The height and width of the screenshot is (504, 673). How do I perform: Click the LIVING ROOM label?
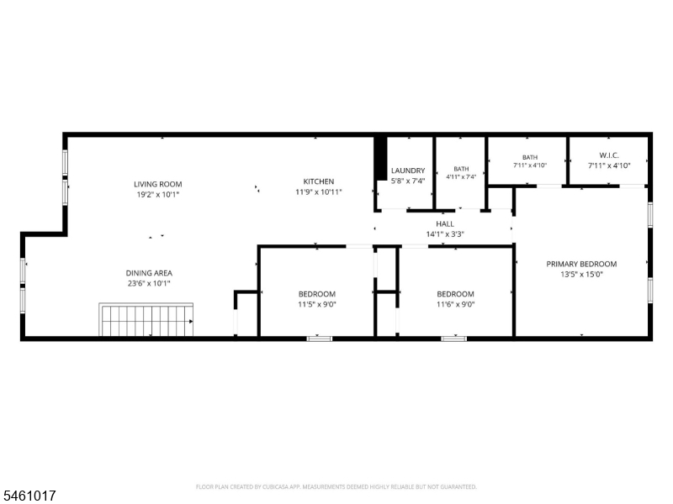pyautogui.click(x=158, y=184)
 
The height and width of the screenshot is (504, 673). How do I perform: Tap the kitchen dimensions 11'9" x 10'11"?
pyautogui.click(x=319, y=192)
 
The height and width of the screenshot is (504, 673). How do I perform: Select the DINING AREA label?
pyautogui.click(x=149, y=273)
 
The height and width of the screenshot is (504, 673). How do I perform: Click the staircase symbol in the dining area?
pyautogui.click(x=146, y=320)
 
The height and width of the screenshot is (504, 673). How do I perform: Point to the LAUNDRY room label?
pyautogui.click(x=408, y=171)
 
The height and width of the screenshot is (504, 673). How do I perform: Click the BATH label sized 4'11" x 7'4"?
pyautogui.click(x=461, y=169)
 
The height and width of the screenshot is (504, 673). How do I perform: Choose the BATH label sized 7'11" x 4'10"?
pyautogui.click(x=530, y=157)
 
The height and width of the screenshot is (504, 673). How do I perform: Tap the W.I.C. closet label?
pyautogui.click(x=609, y=155)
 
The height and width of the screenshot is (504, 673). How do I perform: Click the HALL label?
pyautogui.click(x=445, y=223)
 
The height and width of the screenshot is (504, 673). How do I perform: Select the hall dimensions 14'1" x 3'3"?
pyautogui.click(x=445, y=234)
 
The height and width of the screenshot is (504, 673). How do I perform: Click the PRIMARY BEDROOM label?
pyautogui.click(x=581, y=264)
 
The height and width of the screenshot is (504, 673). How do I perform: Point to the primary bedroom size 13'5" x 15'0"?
pyautogui.click(x=581, y=275)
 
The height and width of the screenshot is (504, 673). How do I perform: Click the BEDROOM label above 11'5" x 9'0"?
pyautogui.click(x=317, y=294)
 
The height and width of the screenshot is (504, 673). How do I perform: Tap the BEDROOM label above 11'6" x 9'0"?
pyautogui.click(x=455, y=294)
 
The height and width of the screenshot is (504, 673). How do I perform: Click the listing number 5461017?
pyautogui.click(x=28, y=496)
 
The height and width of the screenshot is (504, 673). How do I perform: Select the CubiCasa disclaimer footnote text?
pyautogui.click(x=336, y=487)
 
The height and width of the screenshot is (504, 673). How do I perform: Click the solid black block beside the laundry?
pyautogui.click(x=380, y=158)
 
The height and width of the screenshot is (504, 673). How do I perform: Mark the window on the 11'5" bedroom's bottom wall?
pyautogui.click(x=320, y=339)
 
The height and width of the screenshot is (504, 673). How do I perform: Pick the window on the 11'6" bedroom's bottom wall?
pyautogui.click(x=454, y=339)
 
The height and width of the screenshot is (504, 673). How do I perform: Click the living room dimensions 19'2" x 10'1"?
pyautogui.click(x=158, y=195)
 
